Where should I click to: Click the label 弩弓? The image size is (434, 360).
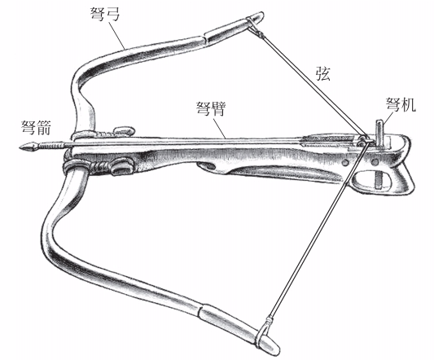tap(106, 14)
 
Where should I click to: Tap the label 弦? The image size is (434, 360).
tap(323, 73)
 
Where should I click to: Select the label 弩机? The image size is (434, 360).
tap(401, 104)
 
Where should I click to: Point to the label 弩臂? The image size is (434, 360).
tap(211, 108)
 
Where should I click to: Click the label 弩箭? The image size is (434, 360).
tap(37, 127)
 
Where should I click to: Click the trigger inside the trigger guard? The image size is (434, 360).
tap(379, 180)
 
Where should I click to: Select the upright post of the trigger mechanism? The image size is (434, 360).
tap(379, 133)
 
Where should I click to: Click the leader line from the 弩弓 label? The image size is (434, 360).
tap(116, 36)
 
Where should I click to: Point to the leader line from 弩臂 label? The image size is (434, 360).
tap(220, 129)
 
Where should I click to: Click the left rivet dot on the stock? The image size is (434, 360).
tap(344, 163)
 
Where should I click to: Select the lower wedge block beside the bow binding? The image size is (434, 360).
tap(121, 168)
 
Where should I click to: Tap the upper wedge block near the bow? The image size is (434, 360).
tap(124, 130)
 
